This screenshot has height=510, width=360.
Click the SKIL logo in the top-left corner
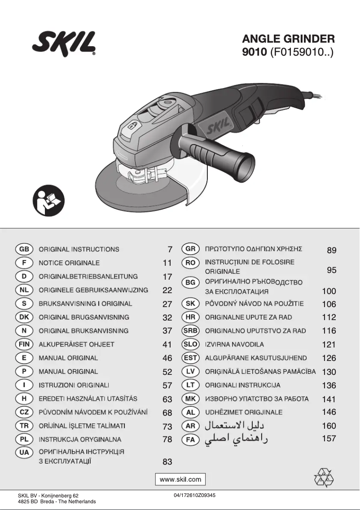coord(64,44)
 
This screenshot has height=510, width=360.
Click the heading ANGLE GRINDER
coord(289,39)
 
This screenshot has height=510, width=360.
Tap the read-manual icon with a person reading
coord(48,201)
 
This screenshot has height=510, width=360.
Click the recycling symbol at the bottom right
coord(324,478)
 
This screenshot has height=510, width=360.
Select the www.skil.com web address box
coord(180,479)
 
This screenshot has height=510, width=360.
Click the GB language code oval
coord(24,250)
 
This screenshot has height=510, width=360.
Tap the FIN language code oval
coord(24,344)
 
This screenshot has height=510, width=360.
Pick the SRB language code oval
coord(190,331)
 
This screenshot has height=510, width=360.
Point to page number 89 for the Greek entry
coord(331,250)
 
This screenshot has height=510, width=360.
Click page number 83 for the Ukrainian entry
coord(167,462)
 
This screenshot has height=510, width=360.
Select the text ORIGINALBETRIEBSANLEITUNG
coord(88,277)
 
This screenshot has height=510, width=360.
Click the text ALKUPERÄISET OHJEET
coord(76,344)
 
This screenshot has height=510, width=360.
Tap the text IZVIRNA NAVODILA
coord(234,344)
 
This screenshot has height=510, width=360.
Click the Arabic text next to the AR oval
coord(234,426)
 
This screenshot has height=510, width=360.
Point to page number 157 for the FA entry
coord(329,439)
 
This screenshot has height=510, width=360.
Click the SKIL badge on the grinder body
coord(218,126)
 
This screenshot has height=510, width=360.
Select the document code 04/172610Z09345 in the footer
coord(194,495)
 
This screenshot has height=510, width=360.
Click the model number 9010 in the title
coord(255,52)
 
